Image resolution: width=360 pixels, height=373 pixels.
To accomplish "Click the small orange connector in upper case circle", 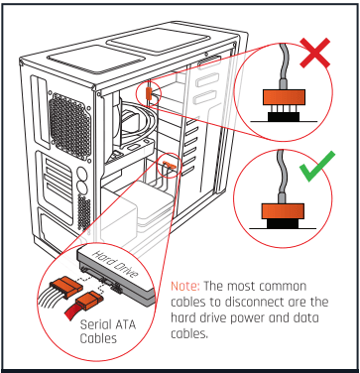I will pos(150,93).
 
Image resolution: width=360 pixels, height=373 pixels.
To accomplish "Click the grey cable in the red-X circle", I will pos(283,60).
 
